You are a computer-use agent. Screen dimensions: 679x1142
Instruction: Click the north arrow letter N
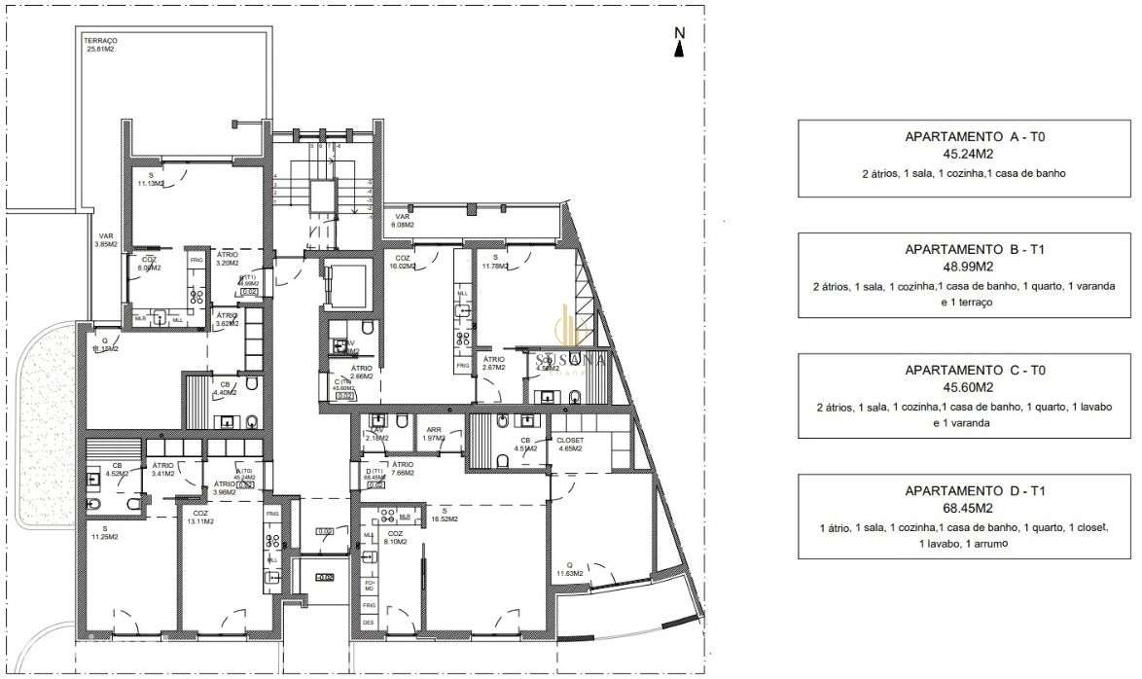[x=680, y=32]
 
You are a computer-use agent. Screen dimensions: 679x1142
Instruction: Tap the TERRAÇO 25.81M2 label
[x=100, y=45]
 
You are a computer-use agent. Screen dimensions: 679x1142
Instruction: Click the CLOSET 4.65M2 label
[x=569, y=445]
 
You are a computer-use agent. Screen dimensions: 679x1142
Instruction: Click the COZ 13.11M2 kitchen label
[x=200, y=517]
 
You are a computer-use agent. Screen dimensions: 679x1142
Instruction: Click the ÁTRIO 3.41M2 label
[x=162, y=470]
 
